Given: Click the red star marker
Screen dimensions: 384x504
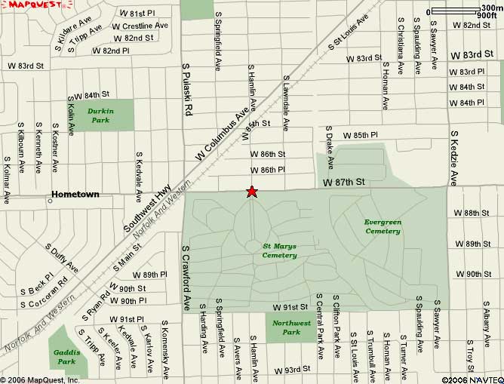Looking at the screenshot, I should pyautogui.click(x=251, y=192).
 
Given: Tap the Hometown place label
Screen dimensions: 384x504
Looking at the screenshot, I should pyautogui.click(x=75, y=194).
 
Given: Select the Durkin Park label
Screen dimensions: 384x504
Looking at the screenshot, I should pyautogui.click(x=100, y=115).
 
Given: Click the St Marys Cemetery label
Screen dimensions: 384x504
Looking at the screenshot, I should pyautogui.click(x=279, y=250).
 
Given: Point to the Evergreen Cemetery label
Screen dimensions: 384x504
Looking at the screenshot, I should pyautogui.click(x=383, y=226).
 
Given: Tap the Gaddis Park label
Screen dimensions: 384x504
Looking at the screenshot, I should pyautogui.click(x=66, y=357).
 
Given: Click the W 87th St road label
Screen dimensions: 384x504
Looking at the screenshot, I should pyautogui.click(x=344, y=183).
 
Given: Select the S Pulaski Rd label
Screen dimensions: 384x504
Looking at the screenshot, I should pyautogui.click(x=188, y=89).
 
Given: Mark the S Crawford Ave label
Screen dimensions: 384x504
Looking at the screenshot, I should pyautogui.click(x=186, y=278).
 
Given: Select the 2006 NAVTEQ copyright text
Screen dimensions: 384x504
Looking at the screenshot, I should pyautogui.click(x=472, y=379).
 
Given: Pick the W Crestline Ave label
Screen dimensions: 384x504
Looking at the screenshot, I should pyautogui.click(x=140, y=26).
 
